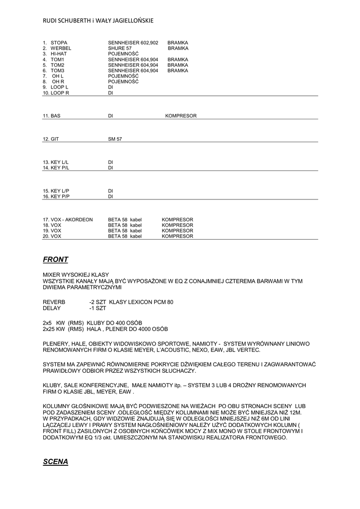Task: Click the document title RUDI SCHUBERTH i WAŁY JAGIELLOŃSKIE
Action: pyautogui.click(x=98, y=20)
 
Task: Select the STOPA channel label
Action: pyautogui.click(x=59, y=43)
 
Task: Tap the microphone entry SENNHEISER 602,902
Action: pyautogui.click(x=133, y=43)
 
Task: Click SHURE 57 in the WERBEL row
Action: pyautogui.click(x=119, y=49)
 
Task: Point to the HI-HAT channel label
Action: pyautogui.click(x=58, y=54)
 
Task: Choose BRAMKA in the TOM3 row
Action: pyautogui.click(x=178, y=71)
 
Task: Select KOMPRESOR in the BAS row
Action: pyautogui.click(x=181, y=116)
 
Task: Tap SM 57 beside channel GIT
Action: pyautogui.click(x=115, y=139)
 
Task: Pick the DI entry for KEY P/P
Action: pyautogui.click(x=111, y=196)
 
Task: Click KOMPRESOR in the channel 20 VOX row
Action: pyautogui.click(x=177, y=237)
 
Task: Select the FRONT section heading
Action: pyautogui.click(x=56, y=259)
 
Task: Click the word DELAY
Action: pyautogui.click(x=52, y=308)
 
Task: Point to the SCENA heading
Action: pyautogui.click(x=56, y=462)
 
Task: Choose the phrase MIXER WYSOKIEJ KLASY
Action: pyautogui.click(x=76, y=275)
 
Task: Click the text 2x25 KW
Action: pyautogui.click(x=54, y=329)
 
